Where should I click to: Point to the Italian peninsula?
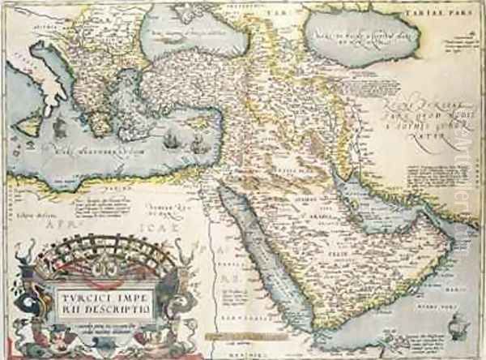pyautogui.click(x=49, y=81)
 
